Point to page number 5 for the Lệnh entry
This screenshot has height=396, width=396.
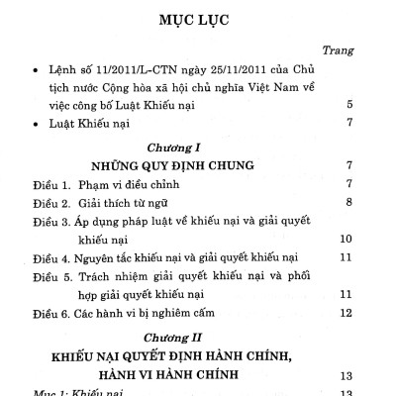tap(365, 104)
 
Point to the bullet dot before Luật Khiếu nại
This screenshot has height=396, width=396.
tap(36, 125)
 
